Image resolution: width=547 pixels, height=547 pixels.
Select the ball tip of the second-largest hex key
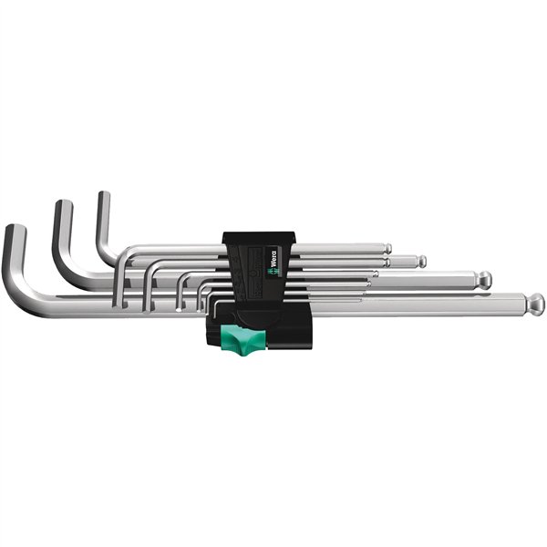pyautogui.click(x=484, y=279)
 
